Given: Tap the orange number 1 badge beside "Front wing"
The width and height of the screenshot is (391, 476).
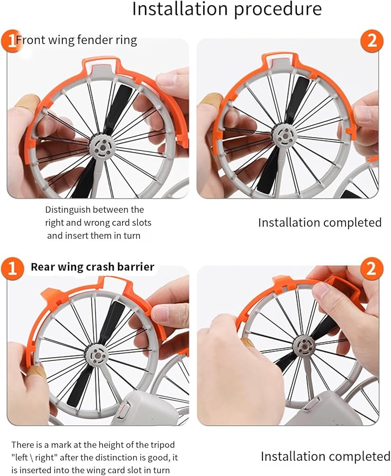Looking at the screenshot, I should (x=11, y=41).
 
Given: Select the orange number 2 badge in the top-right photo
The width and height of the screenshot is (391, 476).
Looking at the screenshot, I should (x=372, y=41).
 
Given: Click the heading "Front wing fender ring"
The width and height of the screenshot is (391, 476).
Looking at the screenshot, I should (x=76, y=40).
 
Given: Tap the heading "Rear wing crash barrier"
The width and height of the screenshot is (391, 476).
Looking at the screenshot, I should (x=93, y=267).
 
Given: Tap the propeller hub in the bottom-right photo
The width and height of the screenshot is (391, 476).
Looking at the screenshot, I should (x=304, y=345).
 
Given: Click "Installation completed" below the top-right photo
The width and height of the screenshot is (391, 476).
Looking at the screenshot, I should (x=320, y=223).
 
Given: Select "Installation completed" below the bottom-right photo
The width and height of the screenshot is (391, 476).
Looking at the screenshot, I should (x=325, y=456).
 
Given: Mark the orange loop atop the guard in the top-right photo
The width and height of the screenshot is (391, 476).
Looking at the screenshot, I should (x=281, y=57).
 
